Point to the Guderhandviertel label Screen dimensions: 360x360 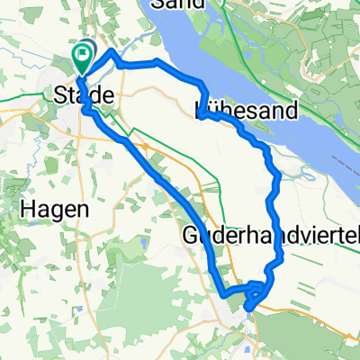pyautogui.click(x=270, y=236)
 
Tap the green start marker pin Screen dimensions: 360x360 pyautogui.click(x=82, y=58)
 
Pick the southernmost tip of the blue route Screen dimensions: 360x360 pyautogui.click(x=247, y=311)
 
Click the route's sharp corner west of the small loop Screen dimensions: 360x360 pyautogui.click(x=220, y=292)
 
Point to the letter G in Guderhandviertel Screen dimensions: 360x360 pyautogui.click(x=190, y=236)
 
